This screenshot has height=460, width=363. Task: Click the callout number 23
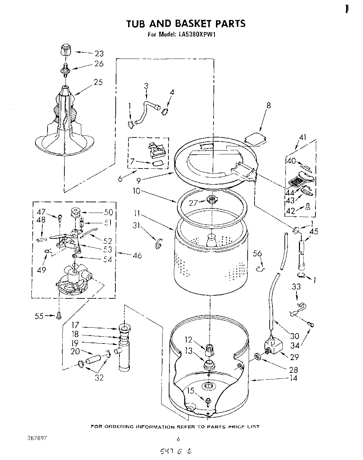(x=99, y=53)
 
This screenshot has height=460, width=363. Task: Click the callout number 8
(x=269, y=105)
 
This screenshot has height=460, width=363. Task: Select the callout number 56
(x=257, y=254)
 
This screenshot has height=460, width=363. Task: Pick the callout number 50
(x=108, y=212)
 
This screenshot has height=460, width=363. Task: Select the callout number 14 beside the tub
(x=293, y=378)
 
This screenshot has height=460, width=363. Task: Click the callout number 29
(x=294, y=357)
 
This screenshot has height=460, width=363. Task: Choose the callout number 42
(x=291, y=211)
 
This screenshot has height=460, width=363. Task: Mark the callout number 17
(x=75, y=325)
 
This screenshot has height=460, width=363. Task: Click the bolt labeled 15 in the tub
(x=208, y=401)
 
